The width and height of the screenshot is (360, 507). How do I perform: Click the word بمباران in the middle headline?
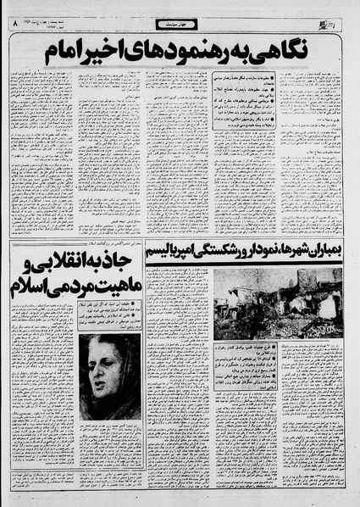323,253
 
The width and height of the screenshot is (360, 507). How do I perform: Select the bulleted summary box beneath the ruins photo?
280,365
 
